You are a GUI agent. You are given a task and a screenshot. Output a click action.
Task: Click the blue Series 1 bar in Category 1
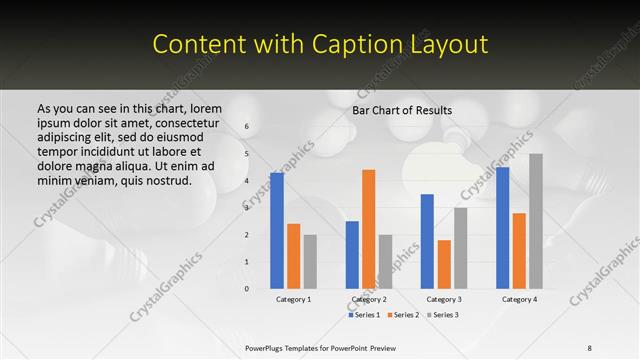point(277,231)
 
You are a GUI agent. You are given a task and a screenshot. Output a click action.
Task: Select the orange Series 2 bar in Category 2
point(368,229)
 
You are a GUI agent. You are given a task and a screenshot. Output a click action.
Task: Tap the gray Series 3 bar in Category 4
point(536,221)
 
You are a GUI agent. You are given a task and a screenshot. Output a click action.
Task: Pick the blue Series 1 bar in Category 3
point(427,241)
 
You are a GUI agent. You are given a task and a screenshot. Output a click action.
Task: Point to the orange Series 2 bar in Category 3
point(444,264)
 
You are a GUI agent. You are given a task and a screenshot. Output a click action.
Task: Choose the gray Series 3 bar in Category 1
point(310,261)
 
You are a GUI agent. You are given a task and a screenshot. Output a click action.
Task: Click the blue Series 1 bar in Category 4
point(502,228)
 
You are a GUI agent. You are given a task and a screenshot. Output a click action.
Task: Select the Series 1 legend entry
point(365,315)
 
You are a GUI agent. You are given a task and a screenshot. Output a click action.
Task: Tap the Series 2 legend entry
point(402,315)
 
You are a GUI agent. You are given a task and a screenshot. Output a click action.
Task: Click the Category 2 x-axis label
point(368,299)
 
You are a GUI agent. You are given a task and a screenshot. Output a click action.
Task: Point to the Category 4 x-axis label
point(519,299)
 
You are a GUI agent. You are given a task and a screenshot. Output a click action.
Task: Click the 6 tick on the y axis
point(247,127)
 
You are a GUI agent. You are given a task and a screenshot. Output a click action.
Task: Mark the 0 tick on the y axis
point(247,288)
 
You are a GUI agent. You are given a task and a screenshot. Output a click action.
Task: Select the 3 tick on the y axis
point(247,208)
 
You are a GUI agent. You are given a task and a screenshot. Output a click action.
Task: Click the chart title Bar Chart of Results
point(402,110)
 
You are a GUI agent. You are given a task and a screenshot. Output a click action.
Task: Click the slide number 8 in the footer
point(590,347)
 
